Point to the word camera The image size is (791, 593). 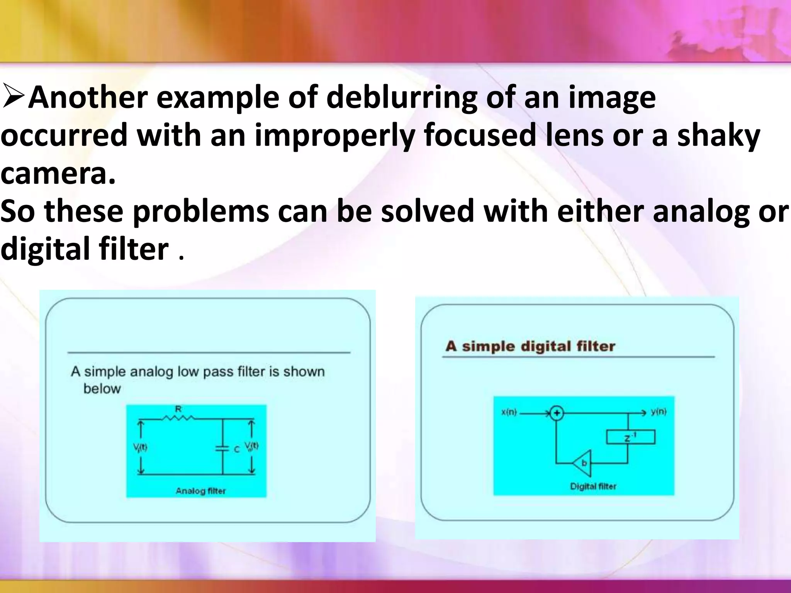[58, 173]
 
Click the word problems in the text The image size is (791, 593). [201, 212]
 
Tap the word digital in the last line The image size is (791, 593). [45, 249]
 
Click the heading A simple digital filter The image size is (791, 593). [530, 346]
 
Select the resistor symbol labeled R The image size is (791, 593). [178, 417]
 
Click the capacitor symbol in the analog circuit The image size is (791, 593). [222, 448]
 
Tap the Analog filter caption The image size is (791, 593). [200, 491]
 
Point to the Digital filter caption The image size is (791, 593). [593, 486]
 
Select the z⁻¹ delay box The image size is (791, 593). [630, 437]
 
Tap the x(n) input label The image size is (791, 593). [509, 412]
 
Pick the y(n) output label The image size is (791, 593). [658, 412]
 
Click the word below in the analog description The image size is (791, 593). [102, 388]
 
